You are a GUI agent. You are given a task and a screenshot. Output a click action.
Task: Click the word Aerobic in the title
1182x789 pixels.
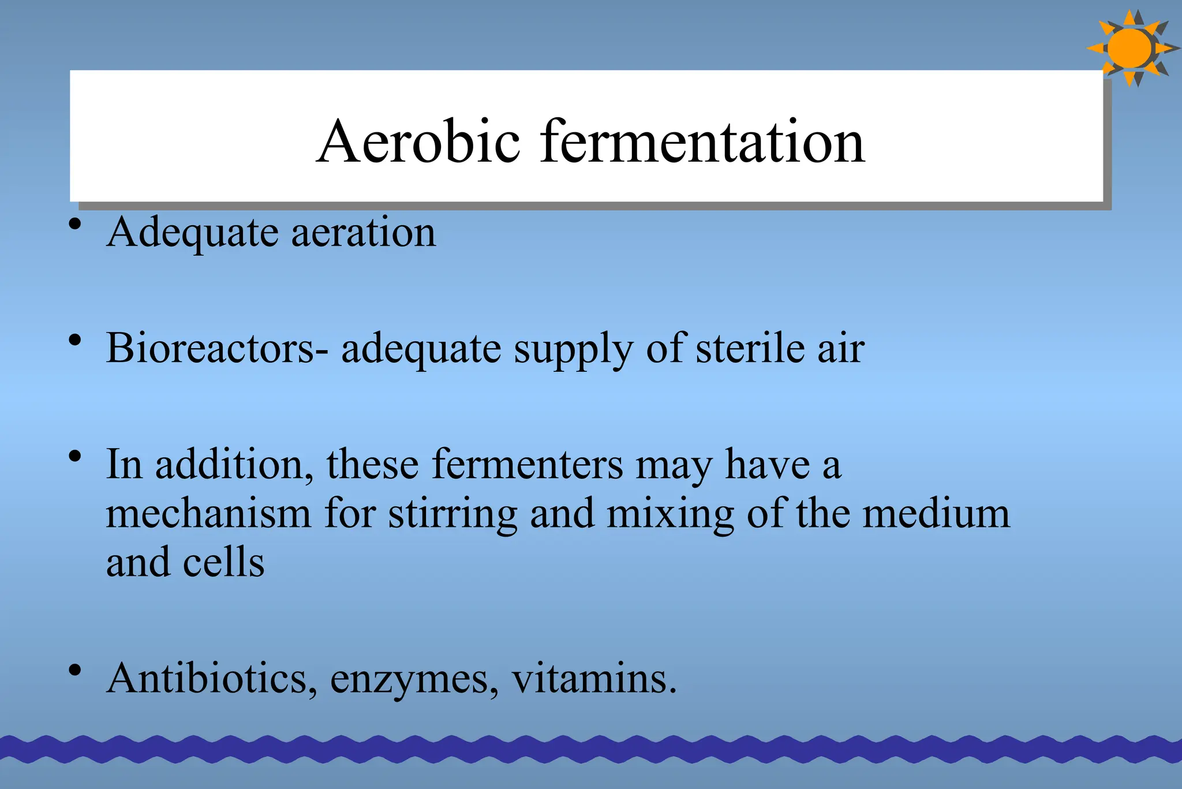(418, 142)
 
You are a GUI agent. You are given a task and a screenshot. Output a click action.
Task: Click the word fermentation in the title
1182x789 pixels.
(702, 142)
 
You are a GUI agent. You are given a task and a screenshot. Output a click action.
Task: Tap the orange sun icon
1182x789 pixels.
(1131, 49)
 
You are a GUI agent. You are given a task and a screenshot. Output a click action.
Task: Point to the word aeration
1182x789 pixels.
(364, 232)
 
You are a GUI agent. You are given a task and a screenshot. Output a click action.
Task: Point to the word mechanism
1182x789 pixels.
(208, 513)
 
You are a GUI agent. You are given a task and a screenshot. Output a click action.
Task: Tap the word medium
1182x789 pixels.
(936, 513)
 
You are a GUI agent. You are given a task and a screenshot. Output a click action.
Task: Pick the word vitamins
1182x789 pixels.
(593, 678)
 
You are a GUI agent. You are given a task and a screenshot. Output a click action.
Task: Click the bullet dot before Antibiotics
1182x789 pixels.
(74, 671)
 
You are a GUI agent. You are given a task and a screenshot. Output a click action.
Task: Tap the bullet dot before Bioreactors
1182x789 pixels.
(74, 341)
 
